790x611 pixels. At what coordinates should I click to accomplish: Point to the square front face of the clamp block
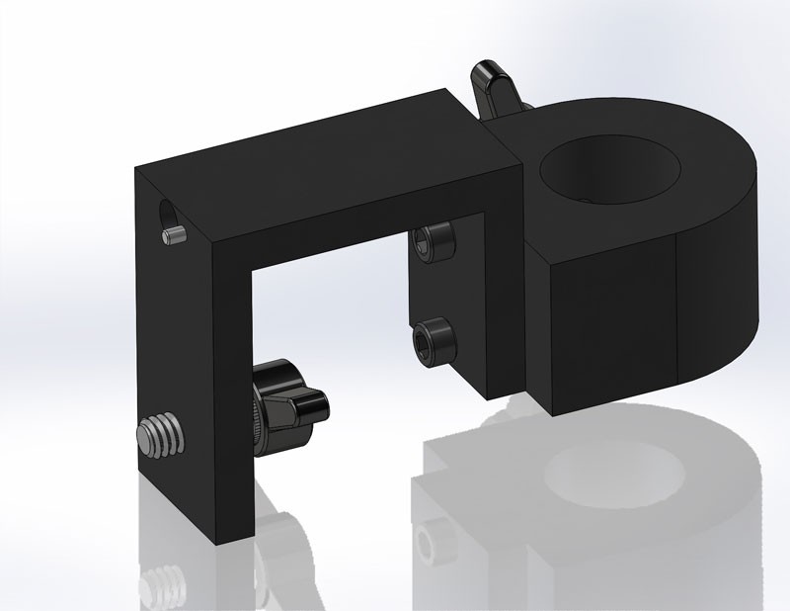pyautogui.click(x=609, y=321)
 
